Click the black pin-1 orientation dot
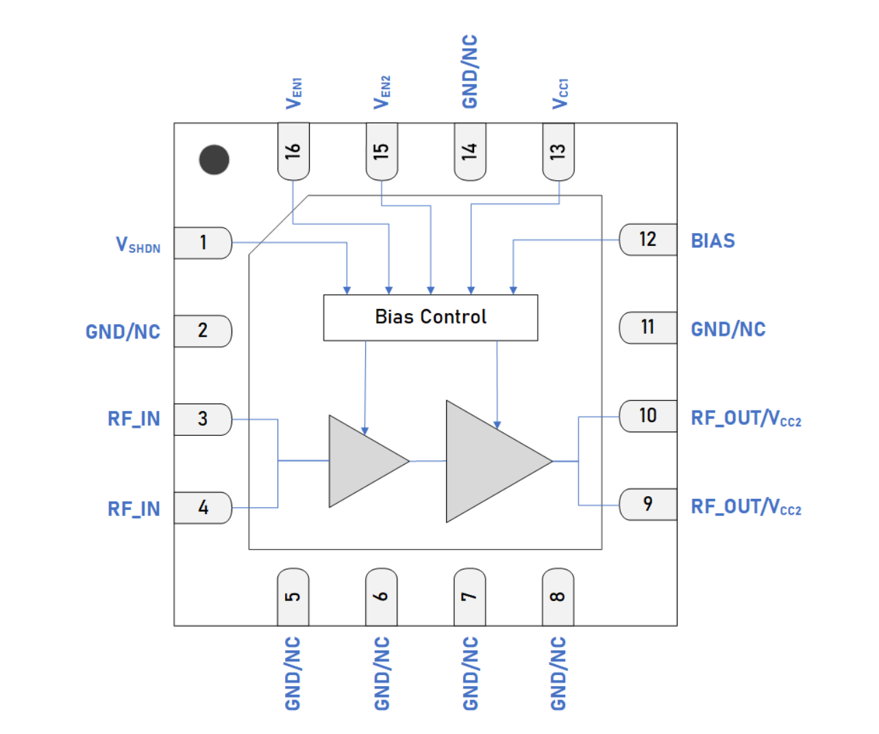tap(214, 160)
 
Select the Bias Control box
tap(430, 317)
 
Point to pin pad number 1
tap(203, 243)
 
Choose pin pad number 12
tap(647, 239)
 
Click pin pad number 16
tap(293, 151)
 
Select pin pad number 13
tap(558, 151)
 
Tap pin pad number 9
tap(647, 504)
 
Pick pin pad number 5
tap(293, 597)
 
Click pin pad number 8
tap(558, 597)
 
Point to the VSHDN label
tap(138, 245)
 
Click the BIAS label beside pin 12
tap(713, 241)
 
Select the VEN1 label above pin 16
tap(293, 93)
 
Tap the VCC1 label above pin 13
tap(560, 93)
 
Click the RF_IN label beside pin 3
tap(134, 419)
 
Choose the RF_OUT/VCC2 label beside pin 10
tap(745, 418)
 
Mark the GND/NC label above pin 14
tap(469, 71)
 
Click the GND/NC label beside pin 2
tap(123, 332)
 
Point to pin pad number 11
tap(647, 328)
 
